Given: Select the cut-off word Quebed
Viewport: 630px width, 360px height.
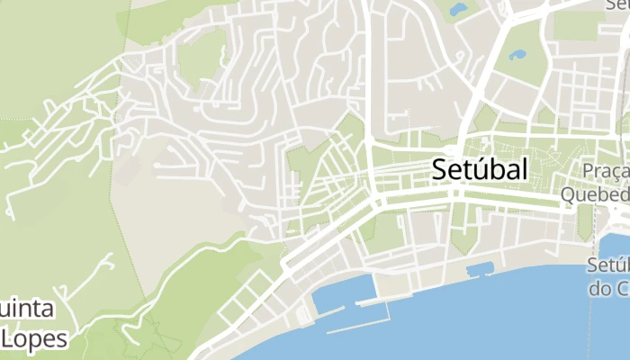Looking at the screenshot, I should [594, 193].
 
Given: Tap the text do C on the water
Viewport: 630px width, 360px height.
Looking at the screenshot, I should [608, 289].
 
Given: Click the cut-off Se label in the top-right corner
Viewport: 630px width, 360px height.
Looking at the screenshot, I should [616, 5].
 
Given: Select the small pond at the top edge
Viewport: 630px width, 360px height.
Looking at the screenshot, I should [459, 10].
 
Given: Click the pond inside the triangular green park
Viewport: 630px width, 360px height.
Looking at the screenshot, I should [517, 54].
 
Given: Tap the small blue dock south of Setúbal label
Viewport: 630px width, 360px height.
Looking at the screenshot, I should [481, 268].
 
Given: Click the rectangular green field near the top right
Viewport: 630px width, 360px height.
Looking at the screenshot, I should [575, 25].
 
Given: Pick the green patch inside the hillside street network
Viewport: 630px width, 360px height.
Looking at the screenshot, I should [202, 56].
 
